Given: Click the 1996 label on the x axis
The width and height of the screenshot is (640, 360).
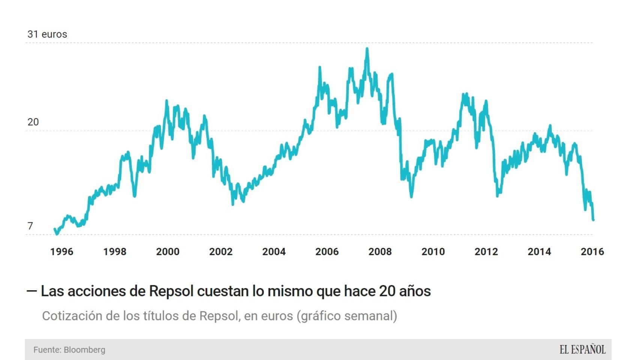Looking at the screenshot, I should coord(62,252).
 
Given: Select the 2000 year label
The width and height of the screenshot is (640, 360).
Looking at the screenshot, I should coord(168,252).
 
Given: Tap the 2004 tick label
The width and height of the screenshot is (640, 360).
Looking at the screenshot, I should coord(274,252).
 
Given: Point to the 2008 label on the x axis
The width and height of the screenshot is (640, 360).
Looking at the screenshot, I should coord(380,252).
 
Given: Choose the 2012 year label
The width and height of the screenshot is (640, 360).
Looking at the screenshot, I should coord(486,252).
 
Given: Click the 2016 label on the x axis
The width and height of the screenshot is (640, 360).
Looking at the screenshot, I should coord(592,252).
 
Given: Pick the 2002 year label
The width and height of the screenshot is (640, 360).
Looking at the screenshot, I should coord(221,252).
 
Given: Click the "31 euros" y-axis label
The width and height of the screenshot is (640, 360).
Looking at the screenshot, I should coord(47,34).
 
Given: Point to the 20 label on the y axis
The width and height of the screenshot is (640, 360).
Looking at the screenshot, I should coord(33,122).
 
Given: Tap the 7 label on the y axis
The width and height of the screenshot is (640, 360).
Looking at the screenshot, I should coord(30,226).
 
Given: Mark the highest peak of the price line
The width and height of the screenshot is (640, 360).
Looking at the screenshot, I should coord(367,49).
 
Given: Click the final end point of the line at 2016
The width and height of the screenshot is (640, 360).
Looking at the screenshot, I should coord(593,220).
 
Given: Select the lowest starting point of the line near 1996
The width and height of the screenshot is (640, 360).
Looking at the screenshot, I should coord(57,234).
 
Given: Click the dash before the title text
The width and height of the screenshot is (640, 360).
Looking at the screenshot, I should coord(32,291).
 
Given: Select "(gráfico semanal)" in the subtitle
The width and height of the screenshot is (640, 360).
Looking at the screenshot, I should coord(347,316).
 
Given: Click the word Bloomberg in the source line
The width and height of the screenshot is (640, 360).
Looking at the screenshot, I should coord(84,350).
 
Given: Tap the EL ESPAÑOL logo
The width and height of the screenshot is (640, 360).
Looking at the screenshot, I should coord(582,349).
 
